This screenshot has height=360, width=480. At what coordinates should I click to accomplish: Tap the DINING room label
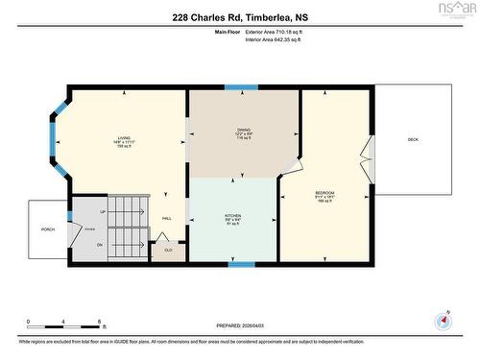pyautogui.click(x=244, y=130)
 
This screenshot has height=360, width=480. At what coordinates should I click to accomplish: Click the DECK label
pyautogui.click(x=413, y=140)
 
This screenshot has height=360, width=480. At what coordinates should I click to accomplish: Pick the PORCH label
pyautogui.click(x=47, y=229)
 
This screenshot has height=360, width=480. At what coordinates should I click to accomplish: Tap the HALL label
pyautogui.click(x=167, y=219)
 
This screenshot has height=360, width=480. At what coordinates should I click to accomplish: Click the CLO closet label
pyautogui.click(x=168, y=251)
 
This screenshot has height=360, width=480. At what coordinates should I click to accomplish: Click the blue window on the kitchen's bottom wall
pyautogui.click(x=241, y=264)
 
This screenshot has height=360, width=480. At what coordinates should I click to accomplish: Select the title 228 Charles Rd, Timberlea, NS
pyautogui.click(x=240, y=16)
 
